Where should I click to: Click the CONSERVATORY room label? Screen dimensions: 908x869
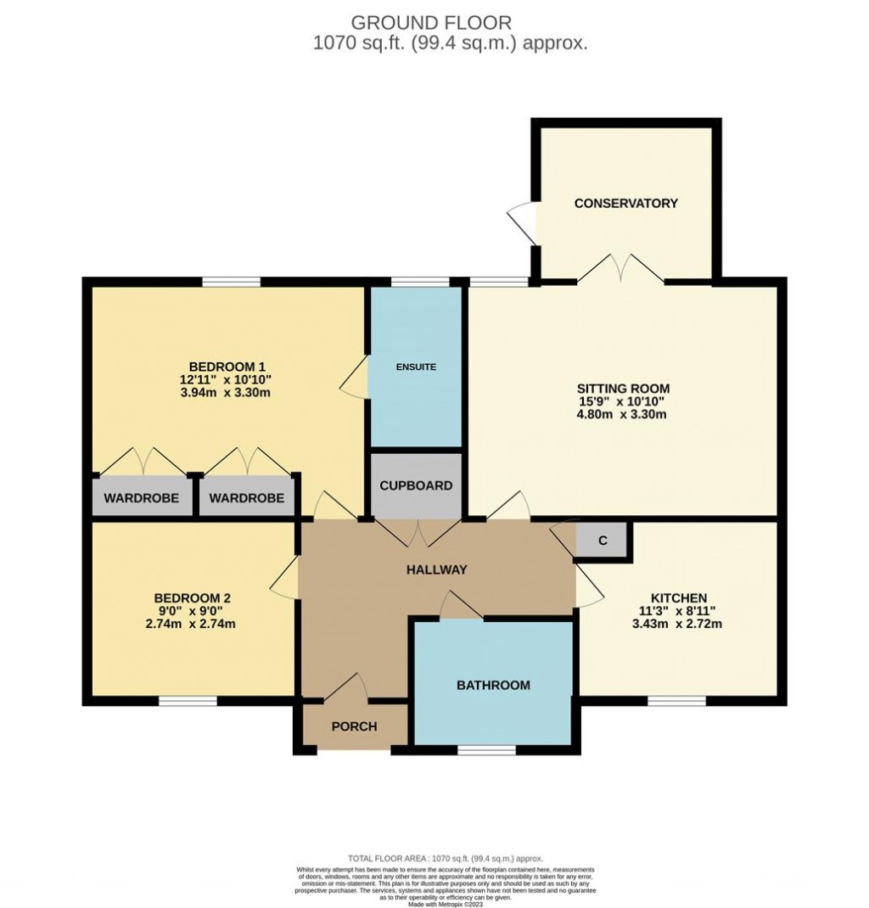pyautogui.click(x=625, y=203)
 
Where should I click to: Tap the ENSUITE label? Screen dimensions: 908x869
pyautogui.click(x=416, y=367)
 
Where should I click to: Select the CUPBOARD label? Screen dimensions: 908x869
pyautogui.click(x=416, y=486)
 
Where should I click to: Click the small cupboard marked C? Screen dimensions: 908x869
pyautogui.click(x=603, y=541)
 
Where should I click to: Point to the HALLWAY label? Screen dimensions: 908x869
pyautogui.click(x=435, y=569)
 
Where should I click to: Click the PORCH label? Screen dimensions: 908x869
pyautogui.click(x=354, y=726)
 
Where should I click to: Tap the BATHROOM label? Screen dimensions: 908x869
pyautogui.click(x=493, y=685)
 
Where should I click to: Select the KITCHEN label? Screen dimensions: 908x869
pyautogui.click(x=679, y=597)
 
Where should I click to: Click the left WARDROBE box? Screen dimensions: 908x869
pyautogui.click(x=142, y=498)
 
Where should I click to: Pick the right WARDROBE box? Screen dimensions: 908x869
pyautogui.click(x=247, y=498)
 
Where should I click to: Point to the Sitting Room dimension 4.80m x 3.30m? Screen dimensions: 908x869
pyautogui.click(x=622, y=415)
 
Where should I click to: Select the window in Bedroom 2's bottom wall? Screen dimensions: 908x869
pyautogui.click(x=188, y=701)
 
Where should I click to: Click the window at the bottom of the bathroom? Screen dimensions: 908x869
pyautogui.click(x=486, y=750)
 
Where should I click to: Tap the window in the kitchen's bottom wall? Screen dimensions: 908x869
pyautogui.click(x=676, y=701)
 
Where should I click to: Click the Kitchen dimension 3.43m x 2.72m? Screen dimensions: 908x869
pyautogui.click(x=679, y=624)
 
